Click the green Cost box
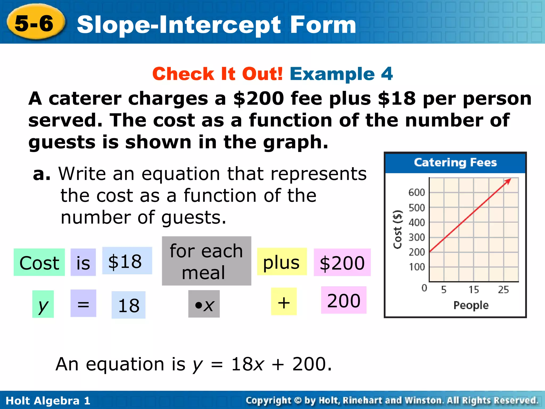39,262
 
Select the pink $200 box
342,262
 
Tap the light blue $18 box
127,261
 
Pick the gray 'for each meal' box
206,261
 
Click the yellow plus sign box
284,301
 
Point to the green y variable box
43,304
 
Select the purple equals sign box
83,303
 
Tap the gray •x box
204,304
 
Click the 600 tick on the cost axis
417,193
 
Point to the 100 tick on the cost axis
417,267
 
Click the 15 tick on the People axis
474,290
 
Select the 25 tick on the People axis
503,290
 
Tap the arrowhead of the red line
509,181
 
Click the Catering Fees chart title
455,162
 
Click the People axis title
471,305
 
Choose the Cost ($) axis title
398,230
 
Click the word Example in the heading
332,74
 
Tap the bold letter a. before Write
41,174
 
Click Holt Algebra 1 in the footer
48,401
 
